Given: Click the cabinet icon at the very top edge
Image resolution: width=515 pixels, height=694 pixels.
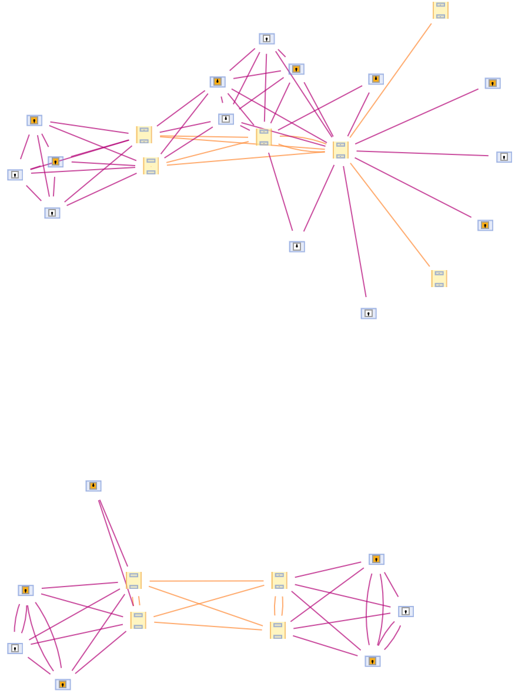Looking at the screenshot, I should [x=440, y=10].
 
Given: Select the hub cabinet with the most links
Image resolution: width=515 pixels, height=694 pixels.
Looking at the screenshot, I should [x=340, y=150].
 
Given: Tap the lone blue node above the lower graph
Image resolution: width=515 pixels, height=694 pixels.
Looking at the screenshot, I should [x=93, y=486].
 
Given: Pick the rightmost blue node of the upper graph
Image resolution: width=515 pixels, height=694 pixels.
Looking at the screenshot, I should [x=504, y=157].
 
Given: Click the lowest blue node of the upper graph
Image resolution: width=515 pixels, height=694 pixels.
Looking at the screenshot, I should [x=369, y=314].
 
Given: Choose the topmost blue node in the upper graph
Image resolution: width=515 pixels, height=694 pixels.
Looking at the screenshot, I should [x=267, y=39].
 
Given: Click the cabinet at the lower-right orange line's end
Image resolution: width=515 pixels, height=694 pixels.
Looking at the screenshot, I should [x=439, y=278].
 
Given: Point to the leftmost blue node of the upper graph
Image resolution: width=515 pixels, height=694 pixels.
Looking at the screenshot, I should [x=15, y=175].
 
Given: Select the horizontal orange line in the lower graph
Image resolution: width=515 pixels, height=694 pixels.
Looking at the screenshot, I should [x=206, y=581].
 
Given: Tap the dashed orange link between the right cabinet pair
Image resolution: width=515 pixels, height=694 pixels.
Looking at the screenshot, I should [x=279, y=605].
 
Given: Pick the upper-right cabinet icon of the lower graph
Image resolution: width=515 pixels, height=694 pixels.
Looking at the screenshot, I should [x=279, y=580].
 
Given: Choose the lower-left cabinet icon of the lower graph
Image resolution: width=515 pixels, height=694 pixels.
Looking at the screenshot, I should [x=138, y=620].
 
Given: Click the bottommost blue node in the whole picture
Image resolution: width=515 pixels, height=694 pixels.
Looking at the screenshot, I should [x=63, y=685].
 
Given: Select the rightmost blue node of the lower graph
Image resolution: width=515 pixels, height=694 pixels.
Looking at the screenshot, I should [x=406, y=612].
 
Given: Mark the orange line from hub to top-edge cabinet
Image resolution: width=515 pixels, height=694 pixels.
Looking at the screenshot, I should [x=391, y=80].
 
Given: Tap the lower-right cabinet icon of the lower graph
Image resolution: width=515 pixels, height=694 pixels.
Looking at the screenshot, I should [x=277, y=630].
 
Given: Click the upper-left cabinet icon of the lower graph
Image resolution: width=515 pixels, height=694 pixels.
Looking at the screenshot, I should [x=133, y=580].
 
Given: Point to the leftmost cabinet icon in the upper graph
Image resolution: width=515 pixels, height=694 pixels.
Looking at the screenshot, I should [x=144, y=134].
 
